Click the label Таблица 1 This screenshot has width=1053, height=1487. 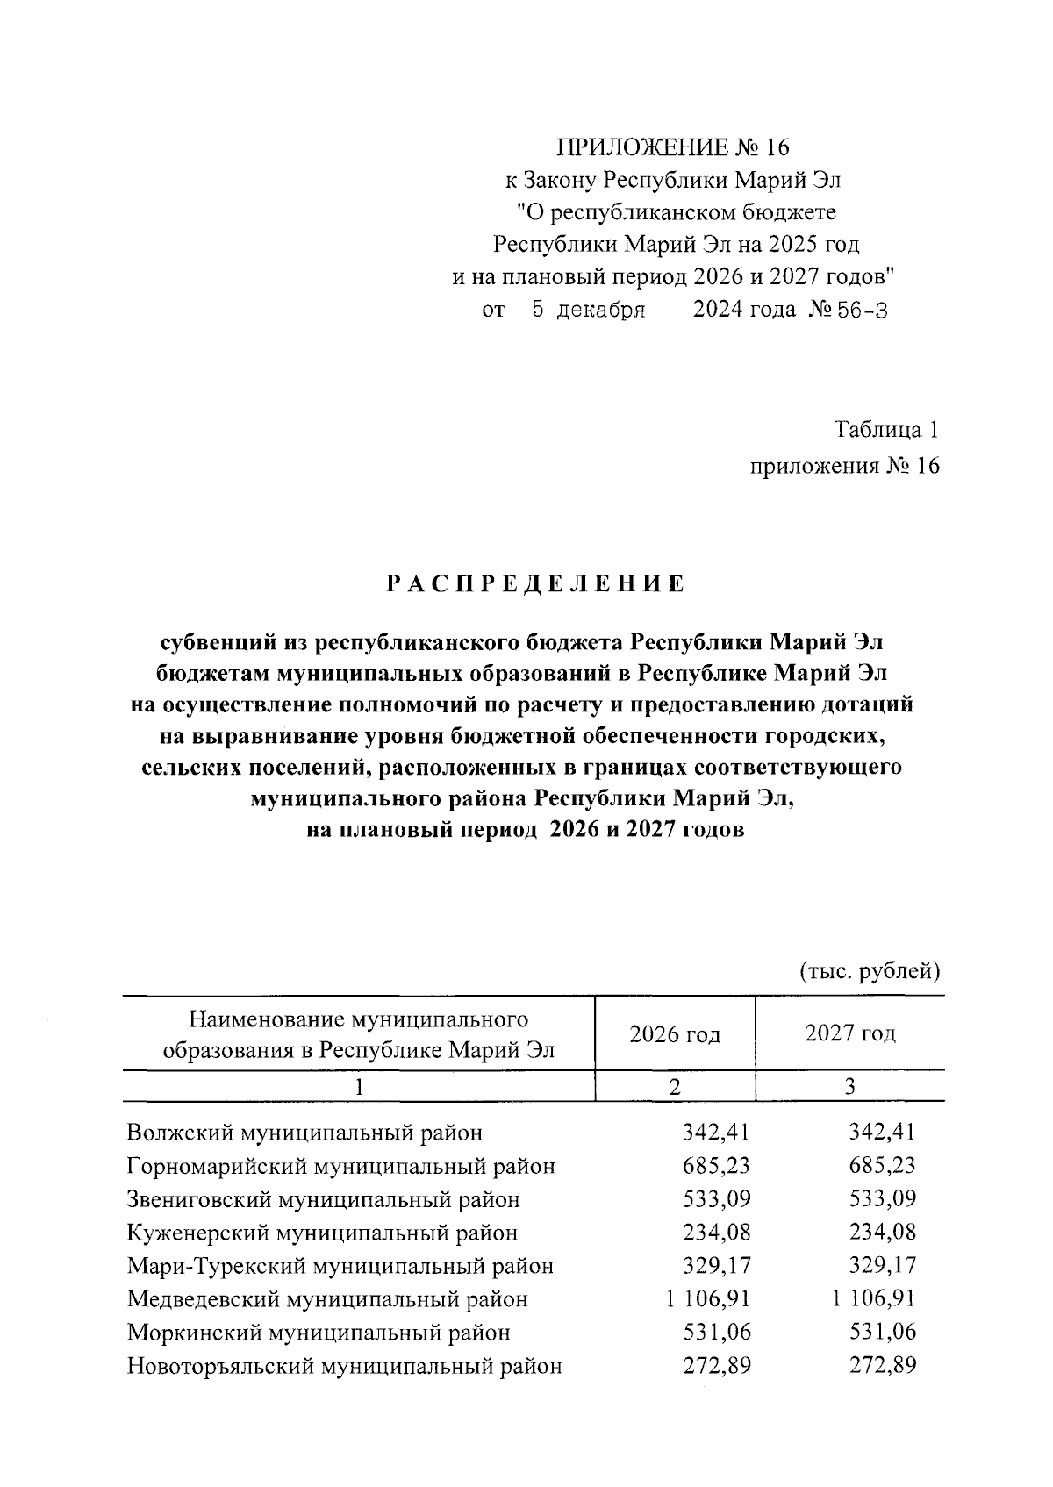[x=886, y=430]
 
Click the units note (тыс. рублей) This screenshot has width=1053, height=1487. [x=870, y=971]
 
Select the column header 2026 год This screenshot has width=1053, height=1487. [x=674, y=1034]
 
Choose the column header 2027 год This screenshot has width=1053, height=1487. [x=849, y=1033]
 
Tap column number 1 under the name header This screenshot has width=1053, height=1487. [x=358, y=1087]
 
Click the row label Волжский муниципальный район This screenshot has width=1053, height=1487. [x=304, y=1133]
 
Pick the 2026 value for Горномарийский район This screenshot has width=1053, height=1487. [x=717, y=1166]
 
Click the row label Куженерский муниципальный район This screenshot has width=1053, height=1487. [x=322, y=1233]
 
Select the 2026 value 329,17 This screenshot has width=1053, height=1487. [x=717, y=1266]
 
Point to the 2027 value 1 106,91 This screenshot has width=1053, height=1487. [x=873, y=1299]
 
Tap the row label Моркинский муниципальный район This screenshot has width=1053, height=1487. [x=319, y=1333]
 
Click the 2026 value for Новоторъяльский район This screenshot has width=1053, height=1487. [x=717, y=1366]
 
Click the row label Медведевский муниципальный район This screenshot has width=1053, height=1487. [x=327, y=1299]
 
